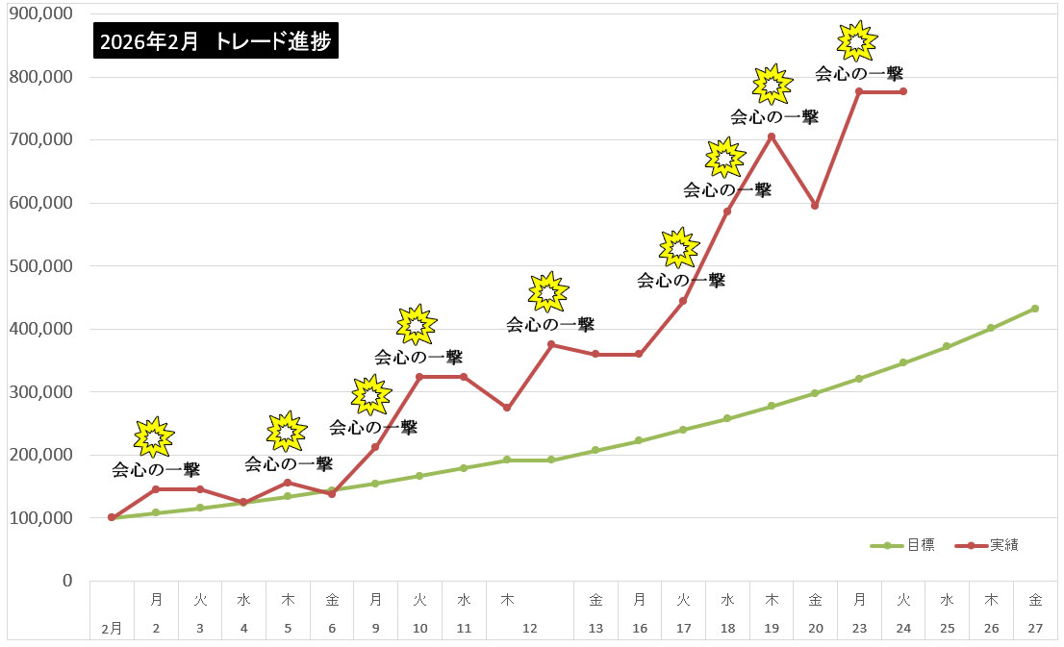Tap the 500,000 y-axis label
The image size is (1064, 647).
40,266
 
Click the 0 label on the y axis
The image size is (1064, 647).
67,581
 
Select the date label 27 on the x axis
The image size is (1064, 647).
1034,628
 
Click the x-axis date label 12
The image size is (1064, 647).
529,628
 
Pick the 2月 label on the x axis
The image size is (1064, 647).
112,628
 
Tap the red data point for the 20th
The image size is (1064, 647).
815,206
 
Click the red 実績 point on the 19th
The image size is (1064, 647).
771,137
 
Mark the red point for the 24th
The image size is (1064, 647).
902,91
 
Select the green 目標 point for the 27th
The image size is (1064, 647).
1034,309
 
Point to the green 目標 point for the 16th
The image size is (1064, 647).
639,440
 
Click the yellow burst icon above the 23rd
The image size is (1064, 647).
857,40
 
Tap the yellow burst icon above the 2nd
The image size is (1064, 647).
154,437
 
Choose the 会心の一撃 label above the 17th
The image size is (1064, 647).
681,281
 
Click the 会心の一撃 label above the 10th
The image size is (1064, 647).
418,358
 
